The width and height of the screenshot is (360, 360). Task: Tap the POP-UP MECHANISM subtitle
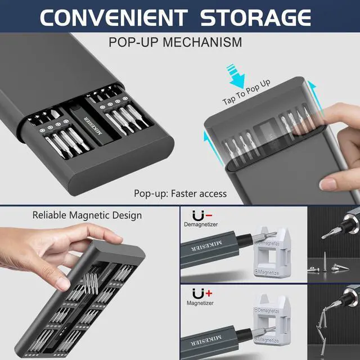(175, 42)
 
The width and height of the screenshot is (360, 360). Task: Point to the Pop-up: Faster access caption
(180, 193)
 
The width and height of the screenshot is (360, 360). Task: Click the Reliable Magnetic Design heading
(87, 215)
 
